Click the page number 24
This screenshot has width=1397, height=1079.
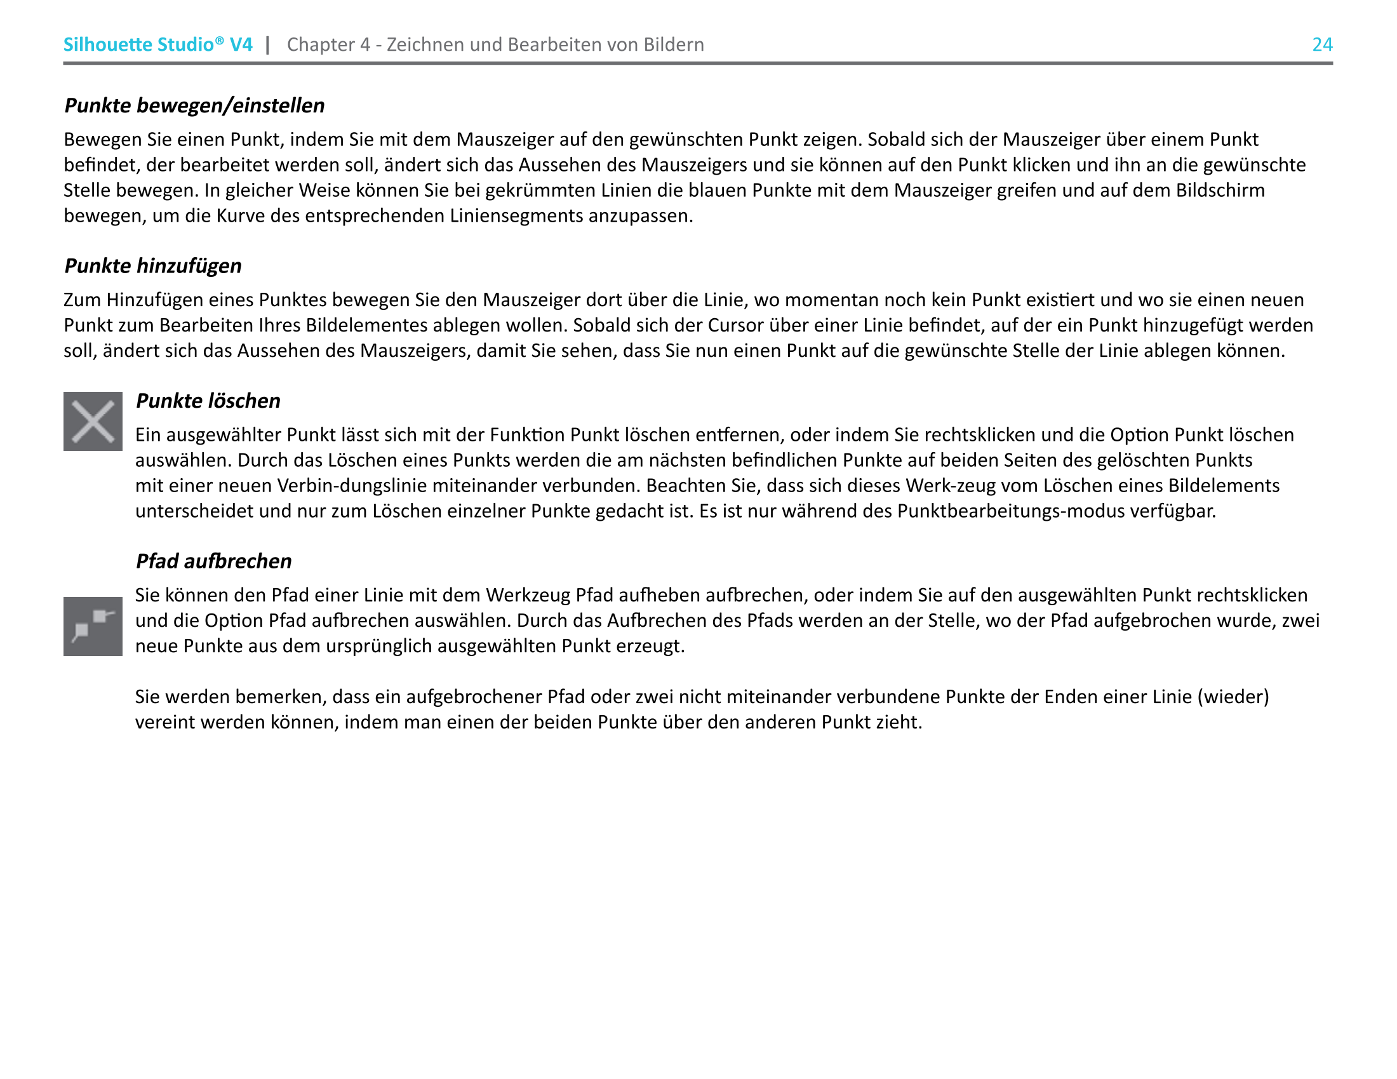pyautogui.click(x=1321, y=44)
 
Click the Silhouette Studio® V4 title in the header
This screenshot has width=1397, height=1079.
pyautogui.click(x=157, y=44)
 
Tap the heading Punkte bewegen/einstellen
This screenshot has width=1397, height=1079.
pyautogui.click(x=194, y=105)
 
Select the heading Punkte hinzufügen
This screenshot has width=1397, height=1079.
pyautogui.click(x=153, y=265)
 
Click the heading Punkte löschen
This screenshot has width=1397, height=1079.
pyautogui.click(x=208, y=400)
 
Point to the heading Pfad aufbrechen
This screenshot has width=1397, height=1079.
pyautogui.click(x=213, y=561)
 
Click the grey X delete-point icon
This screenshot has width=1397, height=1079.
pyautogui.click(x=93, y=422)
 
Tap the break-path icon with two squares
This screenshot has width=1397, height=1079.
pyautogui.click(x=93, y=626)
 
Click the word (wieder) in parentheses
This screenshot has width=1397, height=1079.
pyautogui.click(x=1233, y=696)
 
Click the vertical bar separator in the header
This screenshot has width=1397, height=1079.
pyautogui.click(x=267, y=44)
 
